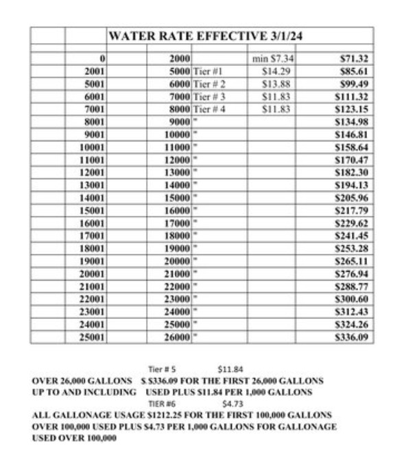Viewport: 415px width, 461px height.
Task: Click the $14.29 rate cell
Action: point(278,70)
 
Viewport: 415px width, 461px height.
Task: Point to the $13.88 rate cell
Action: point(278,82)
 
